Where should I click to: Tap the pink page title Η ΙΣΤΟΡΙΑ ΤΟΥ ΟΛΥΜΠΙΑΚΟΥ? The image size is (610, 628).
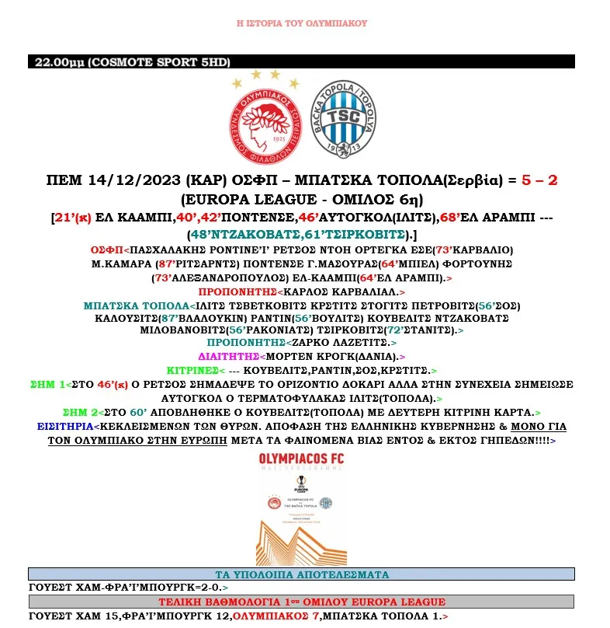[301, 23]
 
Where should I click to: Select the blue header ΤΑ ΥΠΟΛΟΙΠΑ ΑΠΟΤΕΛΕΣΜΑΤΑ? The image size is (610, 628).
[301, 574]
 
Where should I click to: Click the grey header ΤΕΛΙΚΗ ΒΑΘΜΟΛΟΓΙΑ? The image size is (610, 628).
[301, 602]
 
